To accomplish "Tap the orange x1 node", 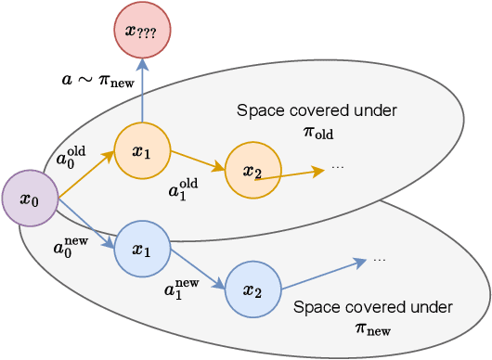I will click(141, 150).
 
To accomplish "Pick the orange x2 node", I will click(252, 170).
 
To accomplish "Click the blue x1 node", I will click(141, 250).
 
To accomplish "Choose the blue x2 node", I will click(252, 289).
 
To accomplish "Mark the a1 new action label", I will click(183, 289).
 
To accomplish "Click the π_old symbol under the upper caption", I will click(317, 134).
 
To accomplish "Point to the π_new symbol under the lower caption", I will click(373, 328).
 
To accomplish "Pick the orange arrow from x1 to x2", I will click(197, 160).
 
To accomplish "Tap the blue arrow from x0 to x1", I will click(85, 224).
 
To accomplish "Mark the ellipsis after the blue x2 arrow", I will click(379, 261).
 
